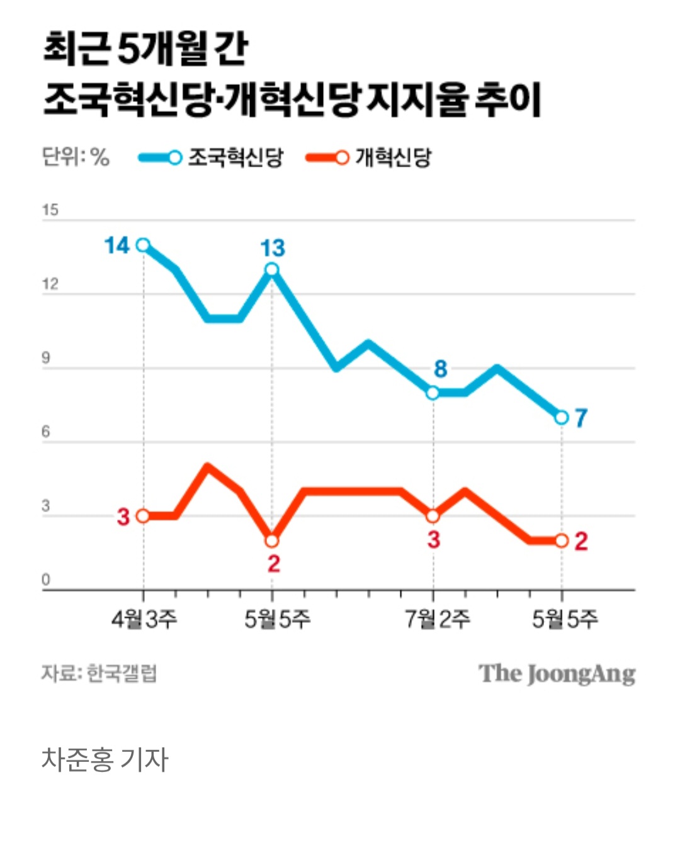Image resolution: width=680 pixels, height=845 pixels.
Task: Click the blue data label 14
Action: click(x=117, y=245)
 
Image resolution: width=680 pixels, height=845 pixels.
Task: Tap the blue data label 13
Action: click(x=273, y=249)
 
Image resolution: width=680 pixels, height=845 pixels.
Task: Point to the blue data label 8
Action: click(x=440, y=369)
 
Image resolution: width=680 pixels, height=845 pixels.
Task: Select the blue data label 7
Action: click(x=581, y=418)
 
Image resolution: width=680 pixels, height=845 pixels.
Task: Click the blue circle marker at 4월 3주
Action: click(x=144, y=245)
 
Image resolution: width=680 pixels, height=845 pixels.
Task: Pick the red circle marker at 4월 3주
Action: click(x=144, y=516)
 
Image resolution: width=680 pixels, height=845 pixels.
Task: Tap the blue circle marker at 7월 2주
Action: click(x=433, y=393)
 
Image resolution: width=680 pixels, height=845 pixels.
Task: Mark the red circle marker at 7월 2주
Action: click(x=433, y=516)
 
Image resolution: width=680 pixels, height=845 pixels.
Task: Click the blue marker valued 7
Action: click(x=562, y=417)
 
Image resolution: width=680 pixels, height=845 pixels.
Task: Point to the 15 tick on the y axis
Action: click(x=50, y=211)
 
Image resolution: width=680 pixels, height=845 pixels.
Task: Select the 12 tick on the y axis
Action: click(x=50, y=284)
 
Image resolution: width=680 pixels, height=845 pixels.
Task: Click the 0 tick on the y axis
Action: click(x=45, y=580)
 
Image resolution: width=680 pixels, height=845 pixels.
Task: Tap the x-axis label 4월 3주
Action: click(x=144, y=620)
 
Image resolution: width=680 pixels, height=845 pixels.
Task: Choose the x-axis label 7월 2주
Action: click(x=437, y=620)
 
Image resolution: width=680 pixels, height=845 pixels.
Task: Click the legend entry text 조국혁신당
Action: click(x=235, y=157)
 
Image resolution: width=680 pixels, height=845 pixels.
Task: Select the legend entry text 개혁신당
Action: click(x=394, y=157)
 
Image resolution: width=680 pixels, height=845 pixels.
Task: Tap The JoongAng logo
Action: click(x=557, y=674)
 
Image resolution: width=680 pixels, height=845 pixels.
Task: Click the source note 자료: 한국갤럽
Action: click(x=99, y=673)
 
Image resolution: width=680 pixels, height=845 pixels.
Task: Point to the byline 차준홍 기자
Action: click(x=105, y=759)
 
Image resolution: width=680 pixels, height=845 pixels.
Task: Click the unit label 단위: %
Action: click(x=76, y=157)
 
